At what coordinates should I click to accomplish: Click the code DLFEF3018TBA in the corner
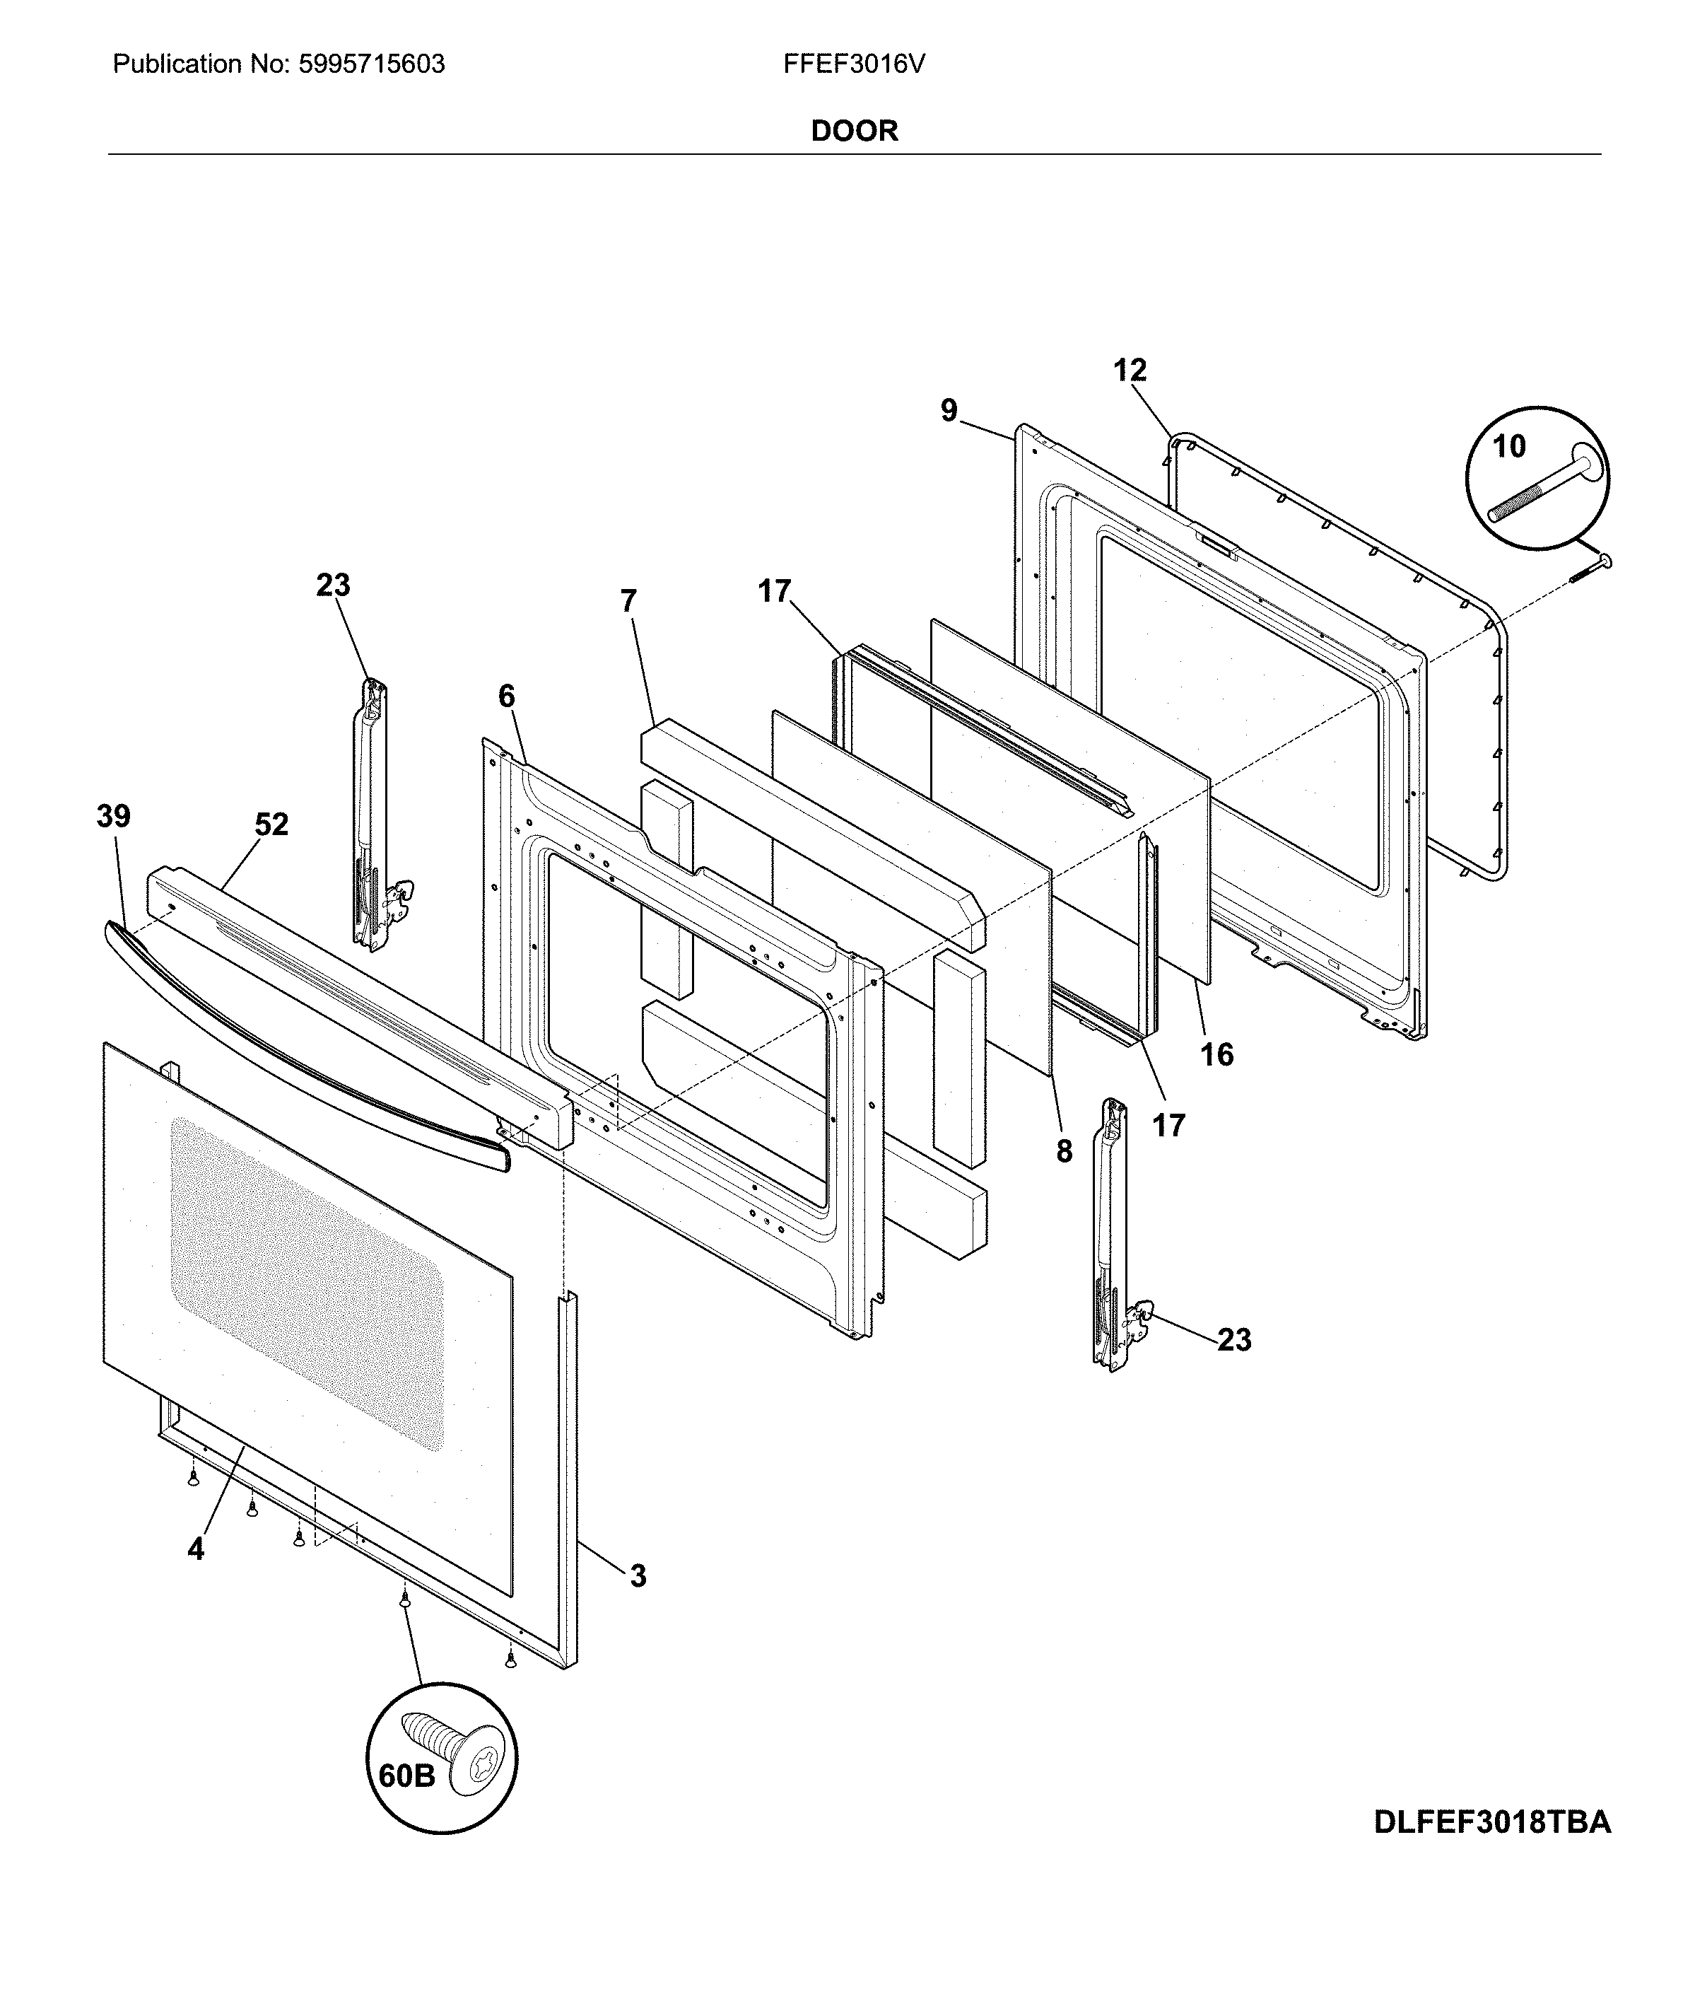click(1491, 1822)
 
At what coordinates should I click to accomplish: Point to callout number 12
click(1130, 370)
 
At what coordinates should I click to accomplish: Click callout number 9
click(949, 410)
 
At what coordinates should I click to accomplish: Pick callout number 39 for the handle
click(113, 816)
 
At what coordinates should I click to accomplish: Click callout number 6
click(506, 696)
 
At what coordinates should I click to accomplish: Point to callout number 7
click(628, 600)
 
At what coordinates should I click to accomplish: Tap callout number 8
click(1064, 1151)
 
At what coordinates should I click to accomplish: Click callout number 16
click(1216, 1054)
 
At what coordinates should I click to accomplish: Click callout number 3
click(638, 1575)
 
